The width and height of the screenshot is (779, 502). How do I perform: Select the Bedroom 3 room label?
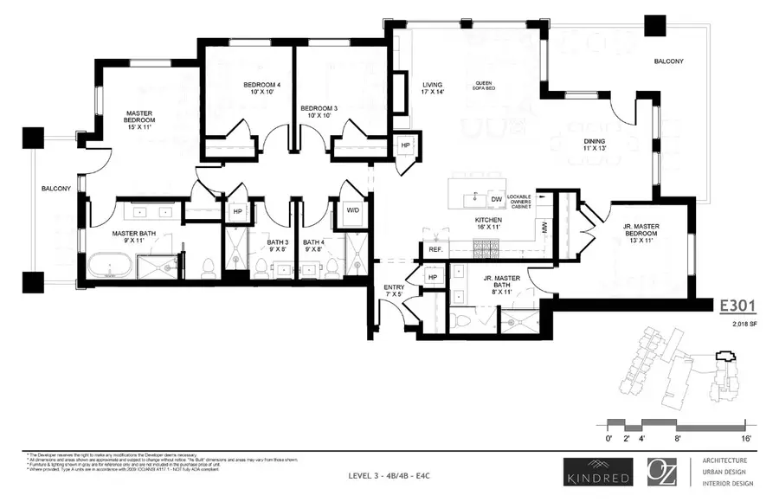point(319,113)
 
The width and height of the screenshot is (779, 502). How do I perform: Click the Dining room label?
point(594,145)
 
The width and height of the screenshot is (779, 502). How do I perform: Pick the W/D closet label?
point(353,210)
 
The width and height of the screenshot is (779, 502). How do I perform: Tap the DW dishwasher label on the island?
point(496,199)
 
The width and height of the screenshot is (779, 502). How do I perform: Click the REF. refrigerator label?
point(435,250)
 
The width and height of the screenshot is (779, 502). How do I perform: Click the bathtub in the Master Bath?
point(109,264)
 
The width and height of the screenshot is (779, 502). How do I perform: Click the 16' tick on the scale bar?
point(746,439)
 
